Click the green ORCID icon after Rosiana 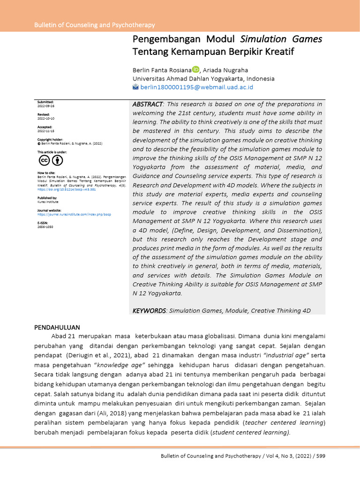[x=196, y=69]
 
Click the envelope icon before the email [x=136, y=87]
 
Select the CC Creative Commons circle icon [x=44, y=161]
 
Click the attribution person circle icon [x=57, y=161]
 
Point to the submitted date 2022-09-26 [x=46, y=106]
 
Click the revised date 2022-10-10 [x=46, y=119]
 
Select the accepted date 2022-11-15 [x=46, y=132]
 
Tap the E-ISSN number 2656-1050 [x=46, y=227]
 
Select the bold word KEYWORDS [x=149, y=311]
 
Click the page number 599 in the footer [x=321, y=456]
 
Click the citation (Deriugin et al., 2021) [x=93, y=355]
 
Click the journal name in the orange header [x=94, y=25]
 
